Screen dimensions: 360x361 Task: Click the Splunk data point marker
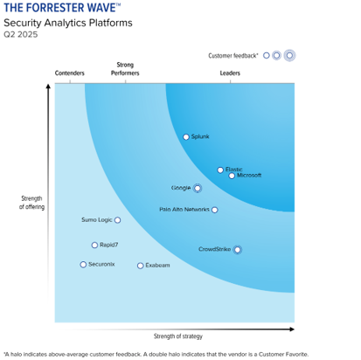[186, 137]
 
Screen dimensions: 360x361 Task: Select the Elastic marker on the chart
[220, 170]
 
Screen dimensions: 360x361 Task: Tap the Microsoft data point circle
[232, 176]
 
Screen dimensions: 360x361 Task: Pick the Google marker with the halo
[198, 188]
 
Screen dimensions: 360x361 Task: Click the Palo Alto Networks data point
[215, 210]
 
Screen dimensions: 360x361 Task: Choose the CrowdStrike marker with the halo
[237, 249]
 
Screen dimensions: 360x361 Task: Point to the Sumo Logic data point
[118, 220]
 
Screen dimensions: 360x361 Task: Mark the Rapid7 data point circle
[95, 246]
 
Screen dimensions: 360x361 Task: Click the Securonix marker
[83, 264]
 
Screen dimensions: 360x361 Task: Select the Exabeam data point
[140, 265]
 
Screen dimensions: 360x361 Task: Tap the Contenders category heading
[70, 73]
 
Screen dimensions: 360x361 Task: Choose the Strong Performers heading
[125, 69]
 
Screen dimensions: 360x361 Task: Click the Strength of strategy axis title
[177, 336]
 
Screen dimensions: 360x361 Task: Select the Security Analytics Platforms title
[68, 23]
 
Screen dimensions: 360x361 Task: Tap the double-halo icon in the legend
[289, 55]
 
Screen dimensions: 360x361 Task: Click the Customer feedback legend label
[233, 55]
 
